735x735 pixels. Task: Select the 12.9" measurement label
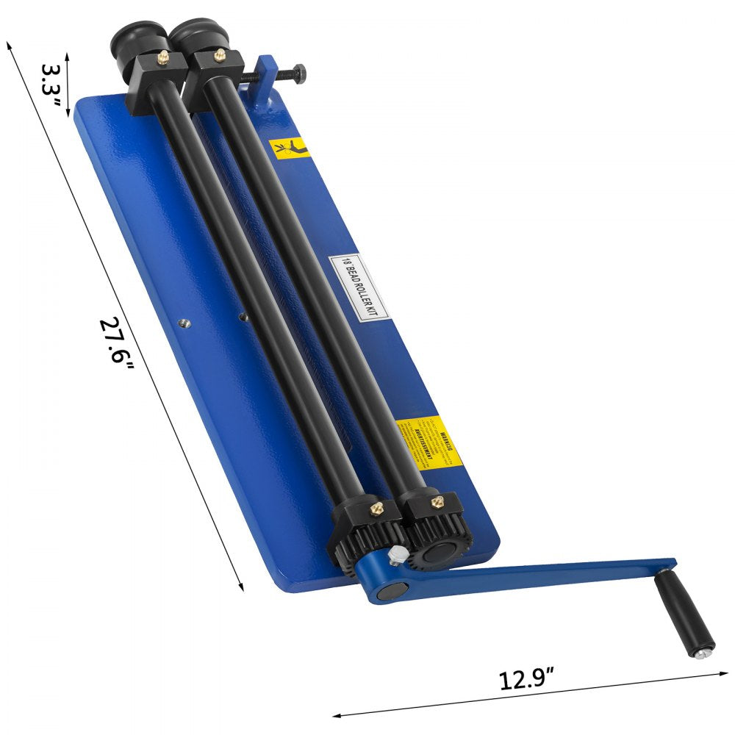(x=528, y=677)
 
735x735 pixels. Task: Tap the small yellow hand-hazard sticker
(x=289, y=148)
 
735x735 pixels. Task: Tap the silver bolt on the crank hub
(x=398, y=556)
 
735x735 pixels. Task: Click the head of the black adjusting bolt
(x=301, y=71)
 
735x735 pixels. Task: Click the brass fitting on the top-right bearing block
(x=218, y=53)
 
